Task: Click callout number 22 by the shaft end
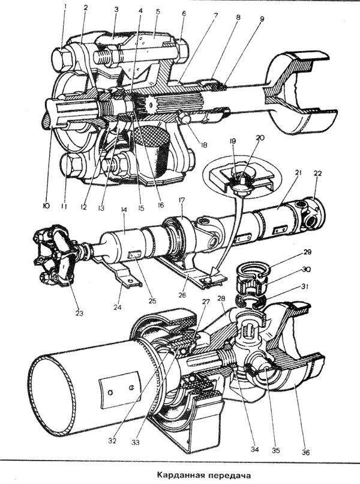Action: click(317, 173)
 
